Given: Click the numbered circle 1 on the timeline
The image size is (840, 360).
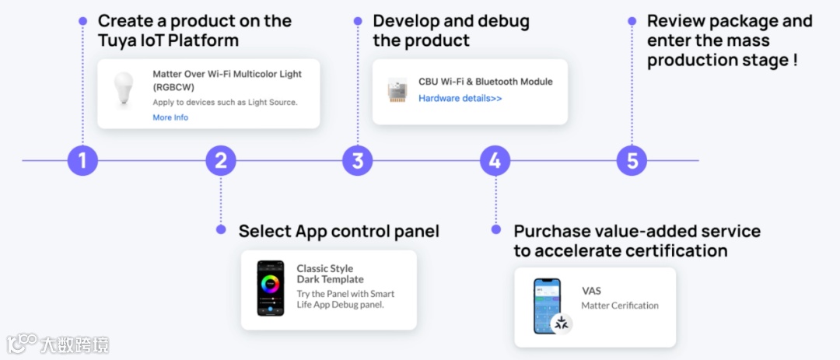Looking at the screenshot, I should point(82,161).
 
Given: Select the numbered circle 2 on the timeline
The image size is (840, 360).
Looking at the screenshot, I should point(221,161).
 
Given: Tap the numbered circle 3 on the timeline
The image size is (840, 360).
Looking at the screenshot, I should point(358,161).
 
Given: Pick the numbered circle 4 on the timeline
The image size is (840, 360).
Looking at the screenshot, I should point(495,161).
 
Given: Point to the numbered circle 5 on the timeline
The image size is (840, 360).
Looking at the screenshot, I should point(632,161).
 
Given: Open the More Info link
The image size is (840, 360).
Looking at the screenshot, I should point(170,117).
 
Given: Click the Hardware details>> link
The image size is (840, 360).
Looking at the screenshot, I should point(460,99).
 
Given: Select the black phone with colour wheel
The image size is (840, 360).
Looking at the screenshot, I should point(271,288).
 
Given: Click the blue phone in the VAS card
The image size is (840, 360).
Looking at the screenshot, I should point(547,305).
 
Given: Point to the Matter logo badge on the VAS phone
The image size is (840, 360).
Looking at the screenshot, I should point(562,323).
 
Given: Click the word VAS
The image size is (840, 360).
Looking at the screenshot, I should point(591,291).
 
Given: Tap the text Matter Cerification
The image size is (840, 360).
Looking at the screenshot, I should point(620,306).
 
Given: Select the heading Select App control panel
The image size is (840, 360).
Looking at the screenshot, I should point(338,231).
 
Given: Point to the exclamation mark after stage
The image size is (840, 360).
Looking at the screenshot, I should point(795,60).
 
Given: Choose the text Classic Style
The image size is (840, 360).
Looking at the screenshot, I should point(324,268).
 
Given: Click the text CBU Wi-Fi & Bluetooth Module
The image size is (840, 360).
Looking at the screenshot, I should point(485,82).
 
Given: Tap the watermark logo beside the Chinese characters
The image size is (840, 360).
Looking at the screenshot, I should point(23,343).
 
